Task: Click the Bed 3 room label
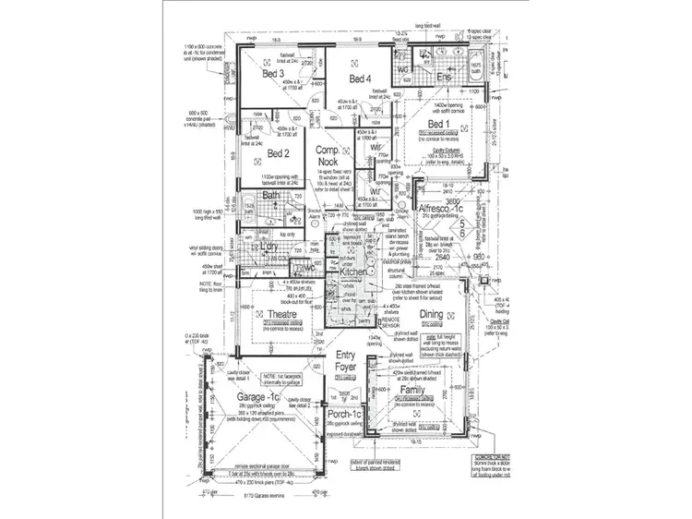[x=271, y=73]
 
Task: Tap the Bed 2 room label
[x=280, y=153]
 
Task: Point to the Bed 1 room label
[x=438, y=124]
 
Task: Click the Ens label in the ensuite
[x=444, y=78]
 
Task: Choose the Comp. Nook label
[x=328, y=156]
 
